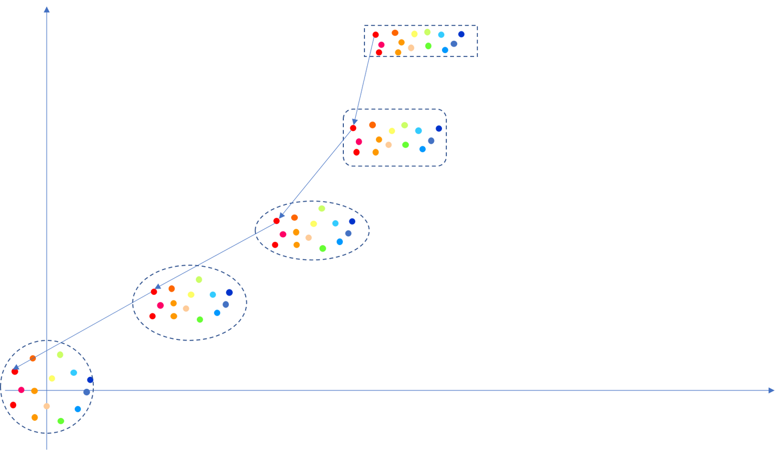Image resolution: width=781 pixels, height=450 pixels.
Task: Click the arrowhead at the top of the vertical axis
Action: [47, 9]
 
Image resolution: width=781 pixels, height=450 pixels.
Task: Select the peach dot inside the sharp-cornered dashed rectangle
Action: [411, 48]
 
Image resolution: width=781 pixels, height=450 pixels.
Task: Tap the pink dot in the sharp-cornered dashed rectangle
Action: [381, 44]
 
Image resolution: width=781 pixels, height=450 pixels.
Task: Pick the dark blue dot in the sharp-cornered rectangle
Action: [462, 34]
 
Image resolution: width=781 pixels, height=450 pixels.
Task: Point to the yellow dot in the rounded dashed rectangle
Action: [392, 131]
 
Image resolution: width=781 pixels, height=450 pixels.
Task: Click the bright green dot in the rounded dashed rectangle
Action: [405, 145]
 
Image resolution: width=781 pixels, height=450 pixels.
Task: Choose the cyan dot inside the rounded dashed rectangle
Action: [418, 131]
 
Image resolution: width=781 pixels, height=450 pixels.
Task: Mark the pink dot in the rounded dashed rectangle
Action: [359, 142]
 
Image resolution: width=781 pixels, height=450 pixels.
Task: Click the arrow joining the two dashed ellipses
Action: [215, 256]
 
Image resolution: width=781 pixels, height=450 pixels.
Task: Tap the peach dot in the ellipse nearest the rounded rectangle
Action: [309, 237]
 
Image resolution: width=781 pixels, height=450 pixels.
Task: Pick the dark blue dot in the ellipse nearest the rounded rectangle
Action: [352, 221]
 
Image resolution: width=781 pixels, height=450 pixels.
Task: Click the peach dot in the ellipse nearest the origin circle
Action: [186, 308]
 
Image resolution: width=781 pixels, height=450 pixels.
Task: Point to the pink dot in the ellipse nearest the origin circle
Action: [160, 305]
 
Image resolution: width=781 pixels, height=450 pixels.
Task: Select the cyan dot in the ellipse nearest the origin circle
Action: [213, 294]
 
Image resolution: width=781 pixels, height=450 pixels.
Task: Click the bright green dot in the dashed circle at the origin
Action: [61, 421]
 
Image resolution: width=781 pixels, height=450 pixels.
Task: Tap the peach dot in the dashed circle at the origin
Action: [47, 406]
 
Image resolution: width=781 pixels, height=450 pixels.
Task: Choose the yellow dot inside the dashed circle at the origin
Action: [52, 378]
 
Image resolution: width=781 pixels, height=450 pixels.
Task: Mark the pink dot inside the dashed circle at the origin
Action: [21, 389]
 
